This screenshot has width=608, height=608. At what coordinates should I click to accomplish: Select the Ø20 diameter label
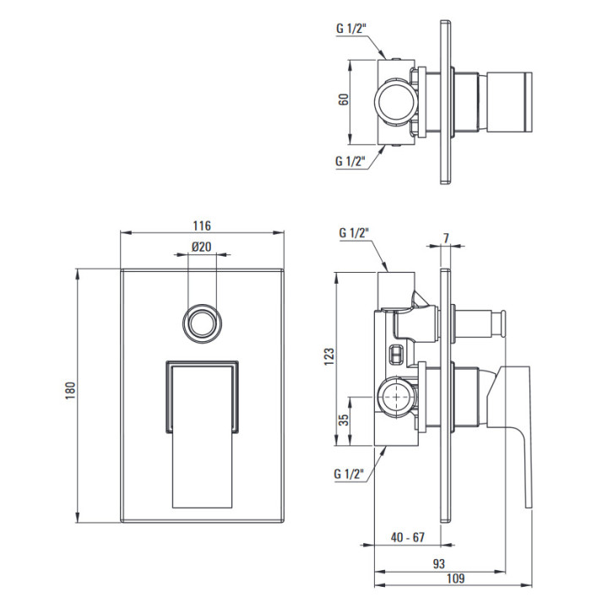200,247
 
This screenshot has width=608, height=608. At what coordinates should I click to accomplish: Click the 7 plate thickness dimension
446,237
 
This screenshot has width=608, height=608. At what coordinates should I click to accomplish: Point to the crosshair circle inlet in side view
394,394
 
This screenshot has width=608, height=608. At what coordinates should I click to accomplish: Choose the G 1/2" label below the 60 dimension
351,160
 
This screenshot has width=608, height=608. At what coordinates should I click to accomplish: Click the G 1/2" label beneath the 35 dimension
351,473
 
